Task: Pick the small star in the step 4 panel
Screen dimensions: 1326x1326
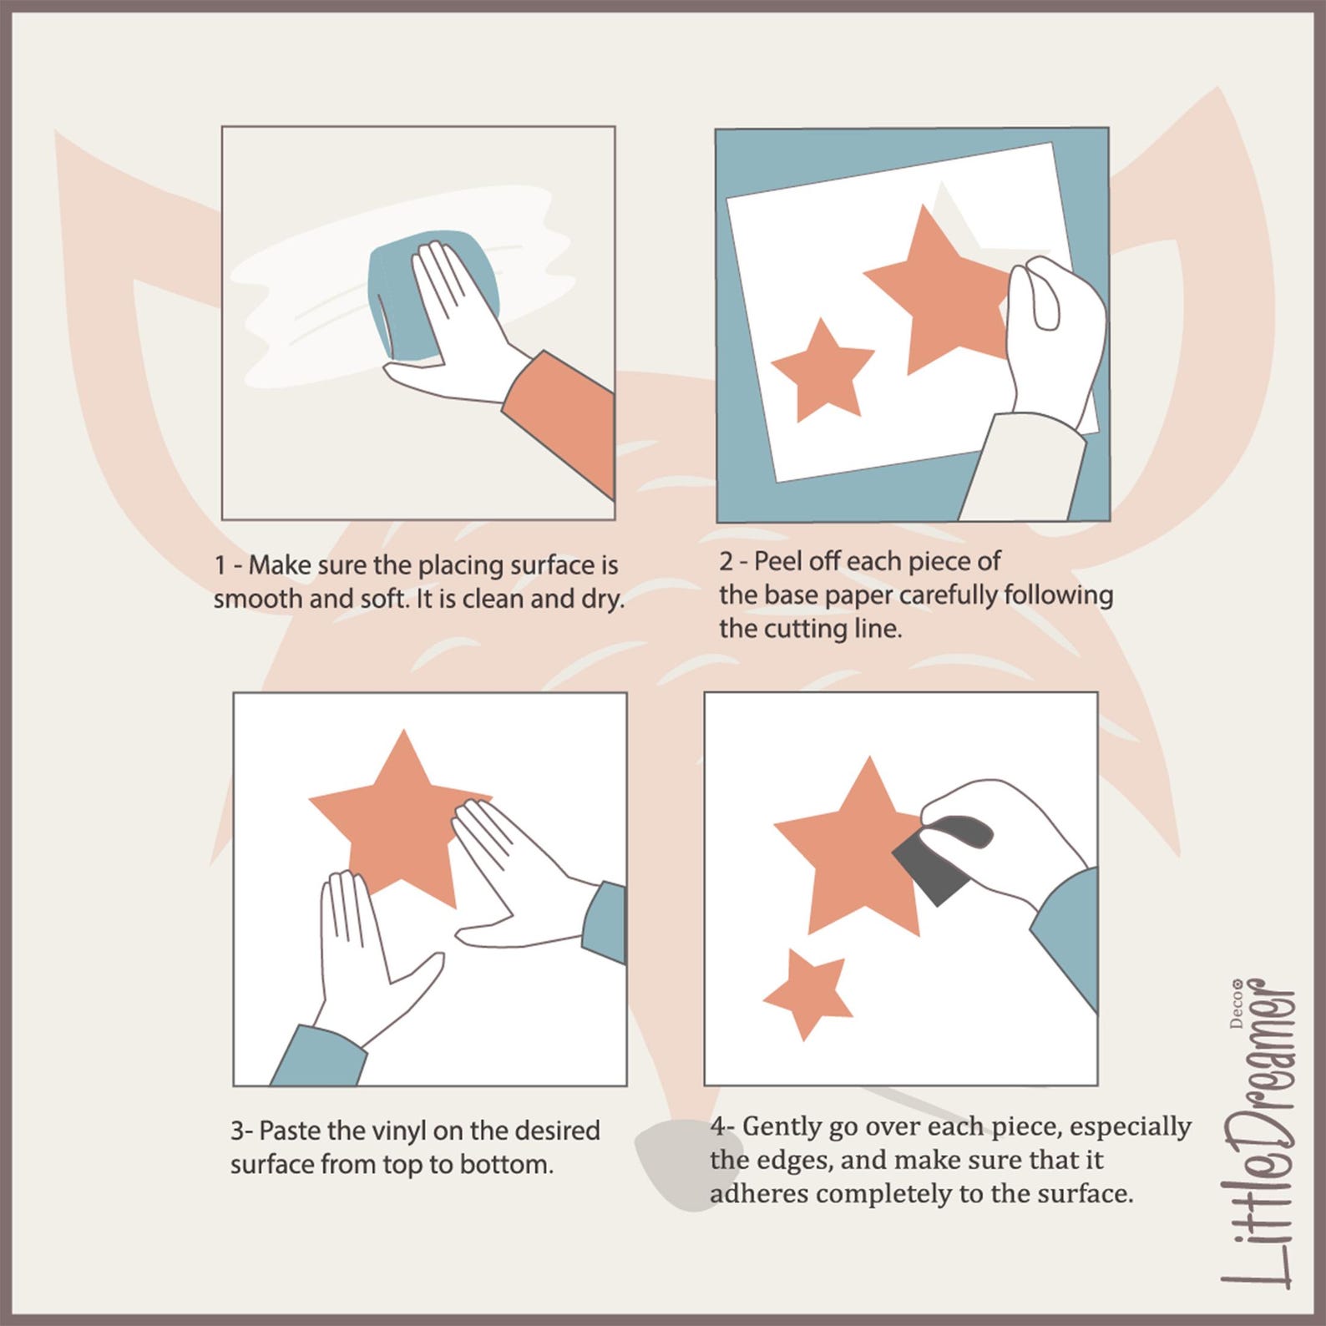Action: [807, 995]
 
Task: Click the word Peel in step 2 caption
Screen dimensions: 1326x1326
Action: [776, 561]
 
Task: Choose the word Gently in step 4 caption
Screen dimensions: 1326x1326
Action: [782, 1127]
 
